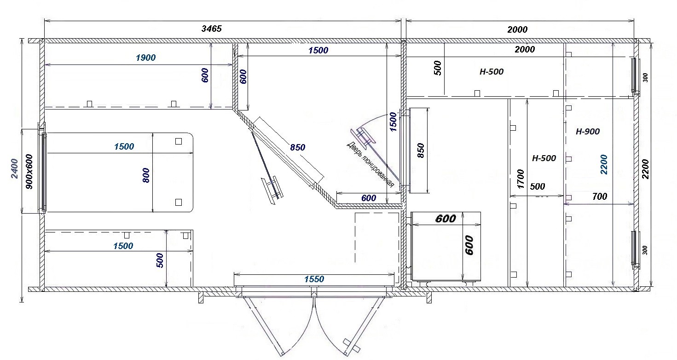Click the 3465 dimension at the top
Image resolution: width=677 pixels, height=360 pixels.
[212, 29]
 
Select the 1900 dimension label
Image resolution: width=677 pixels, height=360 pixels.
[146, 58]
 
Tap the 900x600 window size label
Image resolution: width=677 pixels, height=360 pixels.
[29, 172]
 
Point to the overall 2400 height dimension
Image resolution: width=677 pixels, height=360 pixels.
[15, 168]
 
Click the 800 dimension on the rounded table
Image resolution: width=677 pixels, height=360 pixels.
[146, 175]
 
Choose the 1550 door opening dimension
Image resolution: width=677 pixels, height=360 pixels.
[314, 279]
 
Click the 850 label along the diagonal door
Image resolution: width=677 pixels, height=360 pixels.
[298, 147]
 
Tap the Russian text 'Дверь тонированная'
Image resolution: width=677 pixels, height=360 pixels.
[370, 165]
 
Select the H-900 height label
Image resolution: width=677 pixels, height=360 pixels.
[588, 132]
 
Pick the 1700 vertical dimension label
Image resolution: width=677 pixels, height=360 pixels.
[521, 179]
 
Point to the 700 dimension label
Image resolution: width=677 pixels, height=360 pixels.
[600, 197]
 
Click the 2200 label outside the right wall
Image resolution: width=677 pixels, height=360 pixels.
[645, 169]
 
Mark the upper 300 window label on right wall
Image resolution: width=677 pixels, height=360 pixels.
[645, 77]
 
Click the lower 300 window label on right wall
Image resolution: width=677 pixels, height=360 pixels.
[645, 250]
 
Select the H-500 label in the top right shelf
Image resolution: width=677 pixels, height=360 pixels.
[492, 72]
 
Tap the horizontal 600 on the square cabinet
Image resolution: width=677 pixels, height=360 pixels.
[446, 219]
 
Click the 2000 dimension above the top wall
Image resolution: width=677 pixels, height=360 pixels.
[517, 29]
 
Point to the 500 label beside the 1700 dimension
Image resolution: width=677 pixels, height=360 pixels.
[538, 186]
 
